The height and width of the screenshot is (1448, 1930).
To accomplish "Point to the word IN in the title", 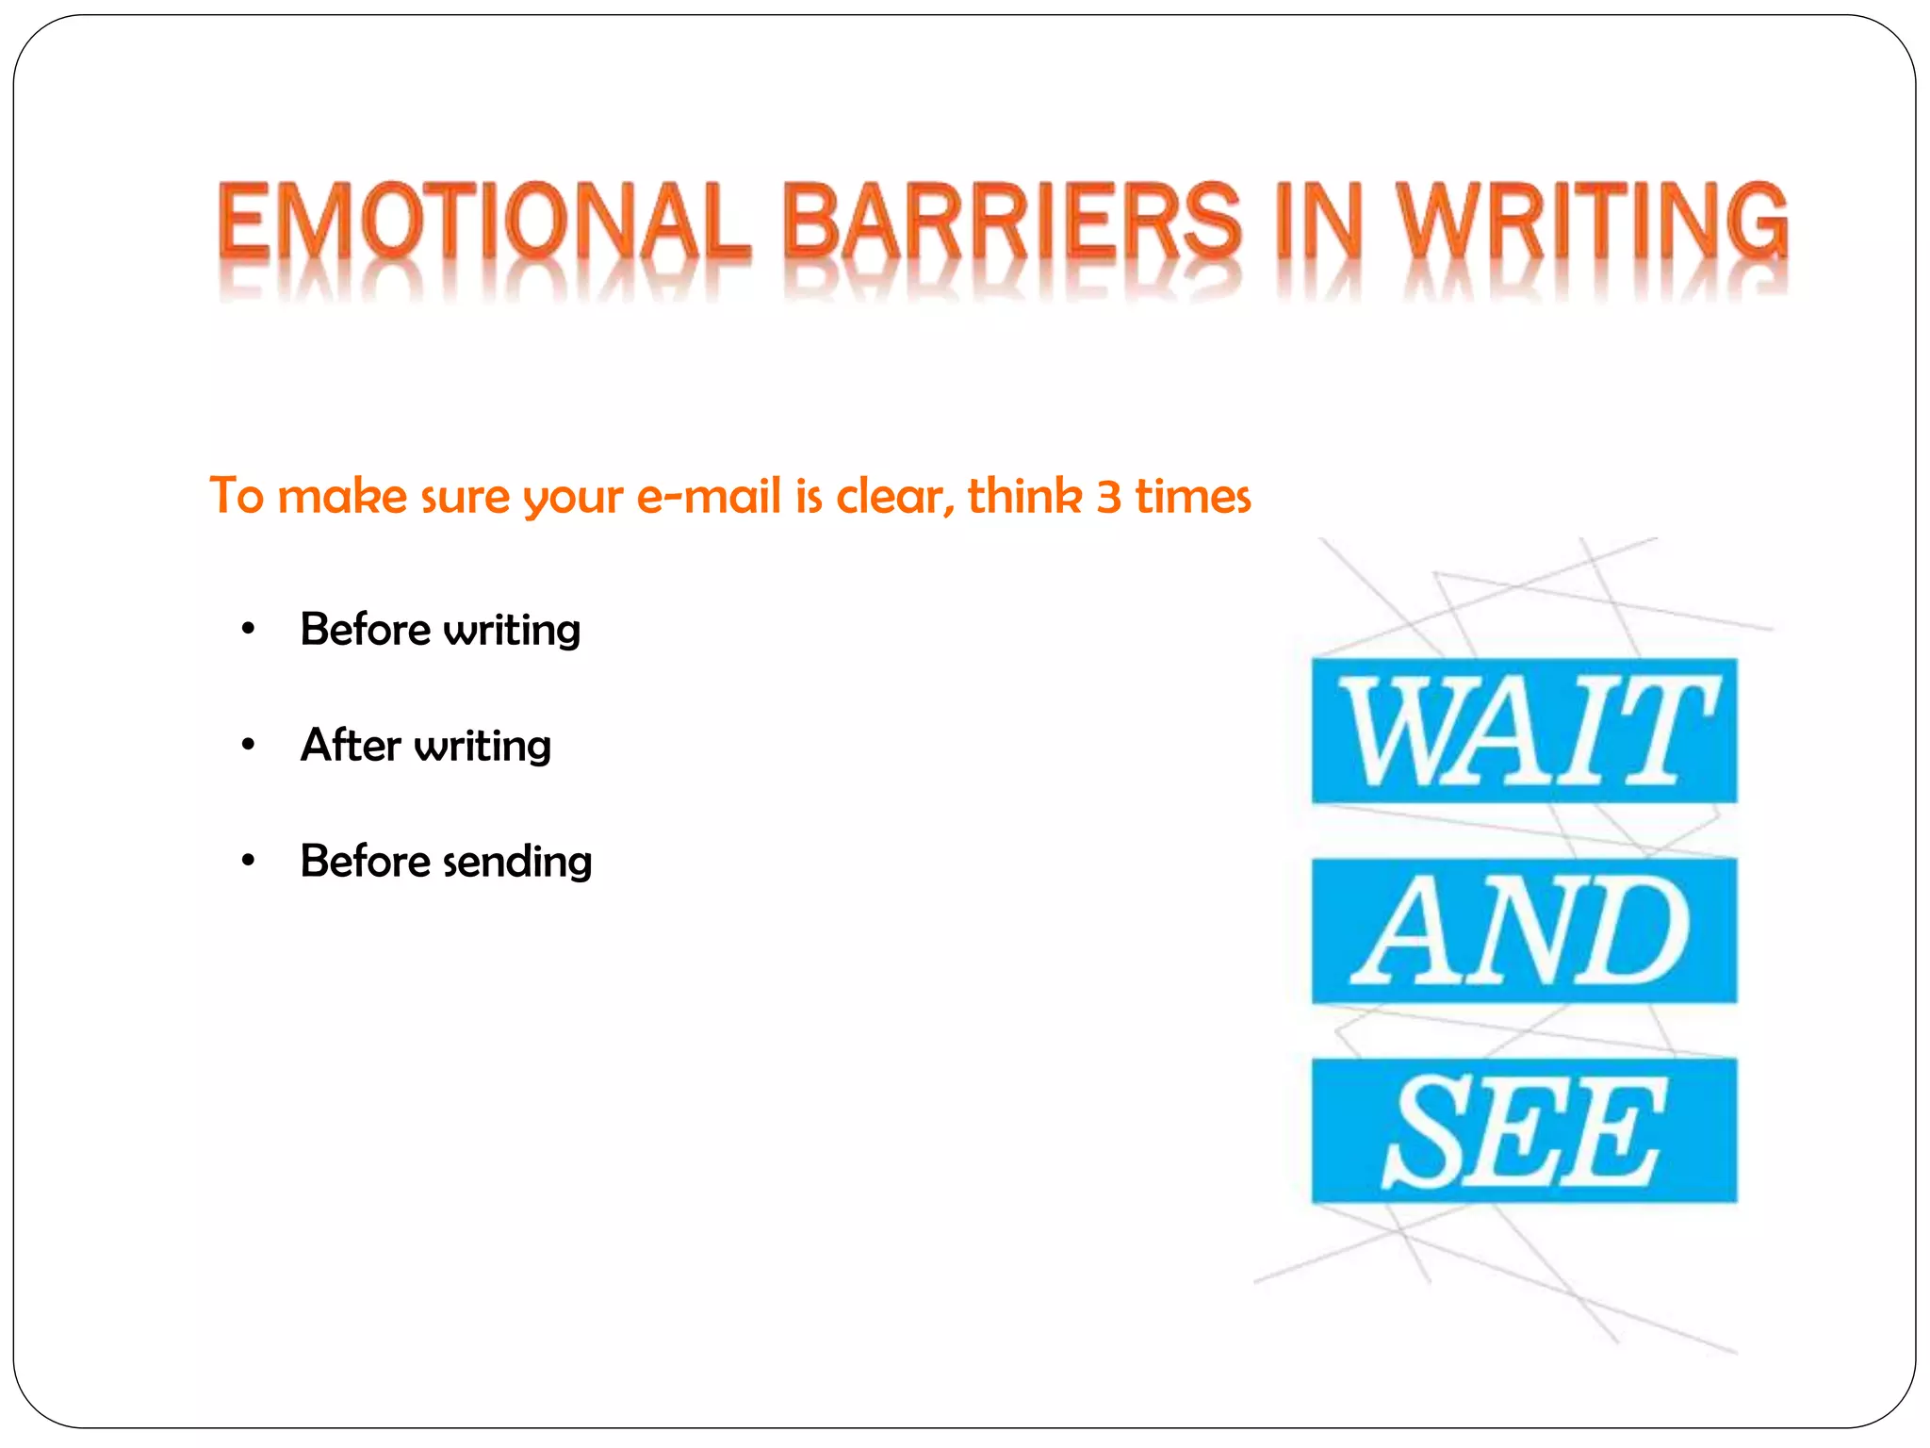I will click(x=1319, y=222).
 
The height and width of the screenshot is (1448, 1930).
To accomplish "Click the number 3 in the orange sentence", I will click(x=1108, y=497).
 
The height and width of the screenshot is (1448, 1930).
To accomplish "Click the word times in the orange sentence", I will click(x=1192, y=497).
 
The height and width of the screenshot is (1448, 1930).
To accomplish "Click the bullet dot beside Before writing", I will click(x=248, y=629).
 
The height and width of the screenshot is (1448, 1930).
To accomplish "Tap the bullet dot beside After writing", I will click(x=248, y=745).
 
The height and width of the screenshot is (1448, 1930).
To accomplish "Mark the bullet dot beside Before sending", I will click(x=248, y=861).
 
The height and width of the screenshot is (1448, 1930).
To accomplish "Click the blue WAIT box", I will click(x=1524, y=731).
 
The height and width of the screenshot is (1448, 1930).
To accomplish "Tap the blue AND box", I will click(x=1524, y=930).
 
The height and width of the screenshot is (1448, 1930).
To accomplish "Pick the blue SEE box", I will click(x=1524, y=1130).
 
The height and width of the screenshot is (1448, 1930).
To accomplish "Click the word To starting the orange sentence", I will click(x=236, y=497).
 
